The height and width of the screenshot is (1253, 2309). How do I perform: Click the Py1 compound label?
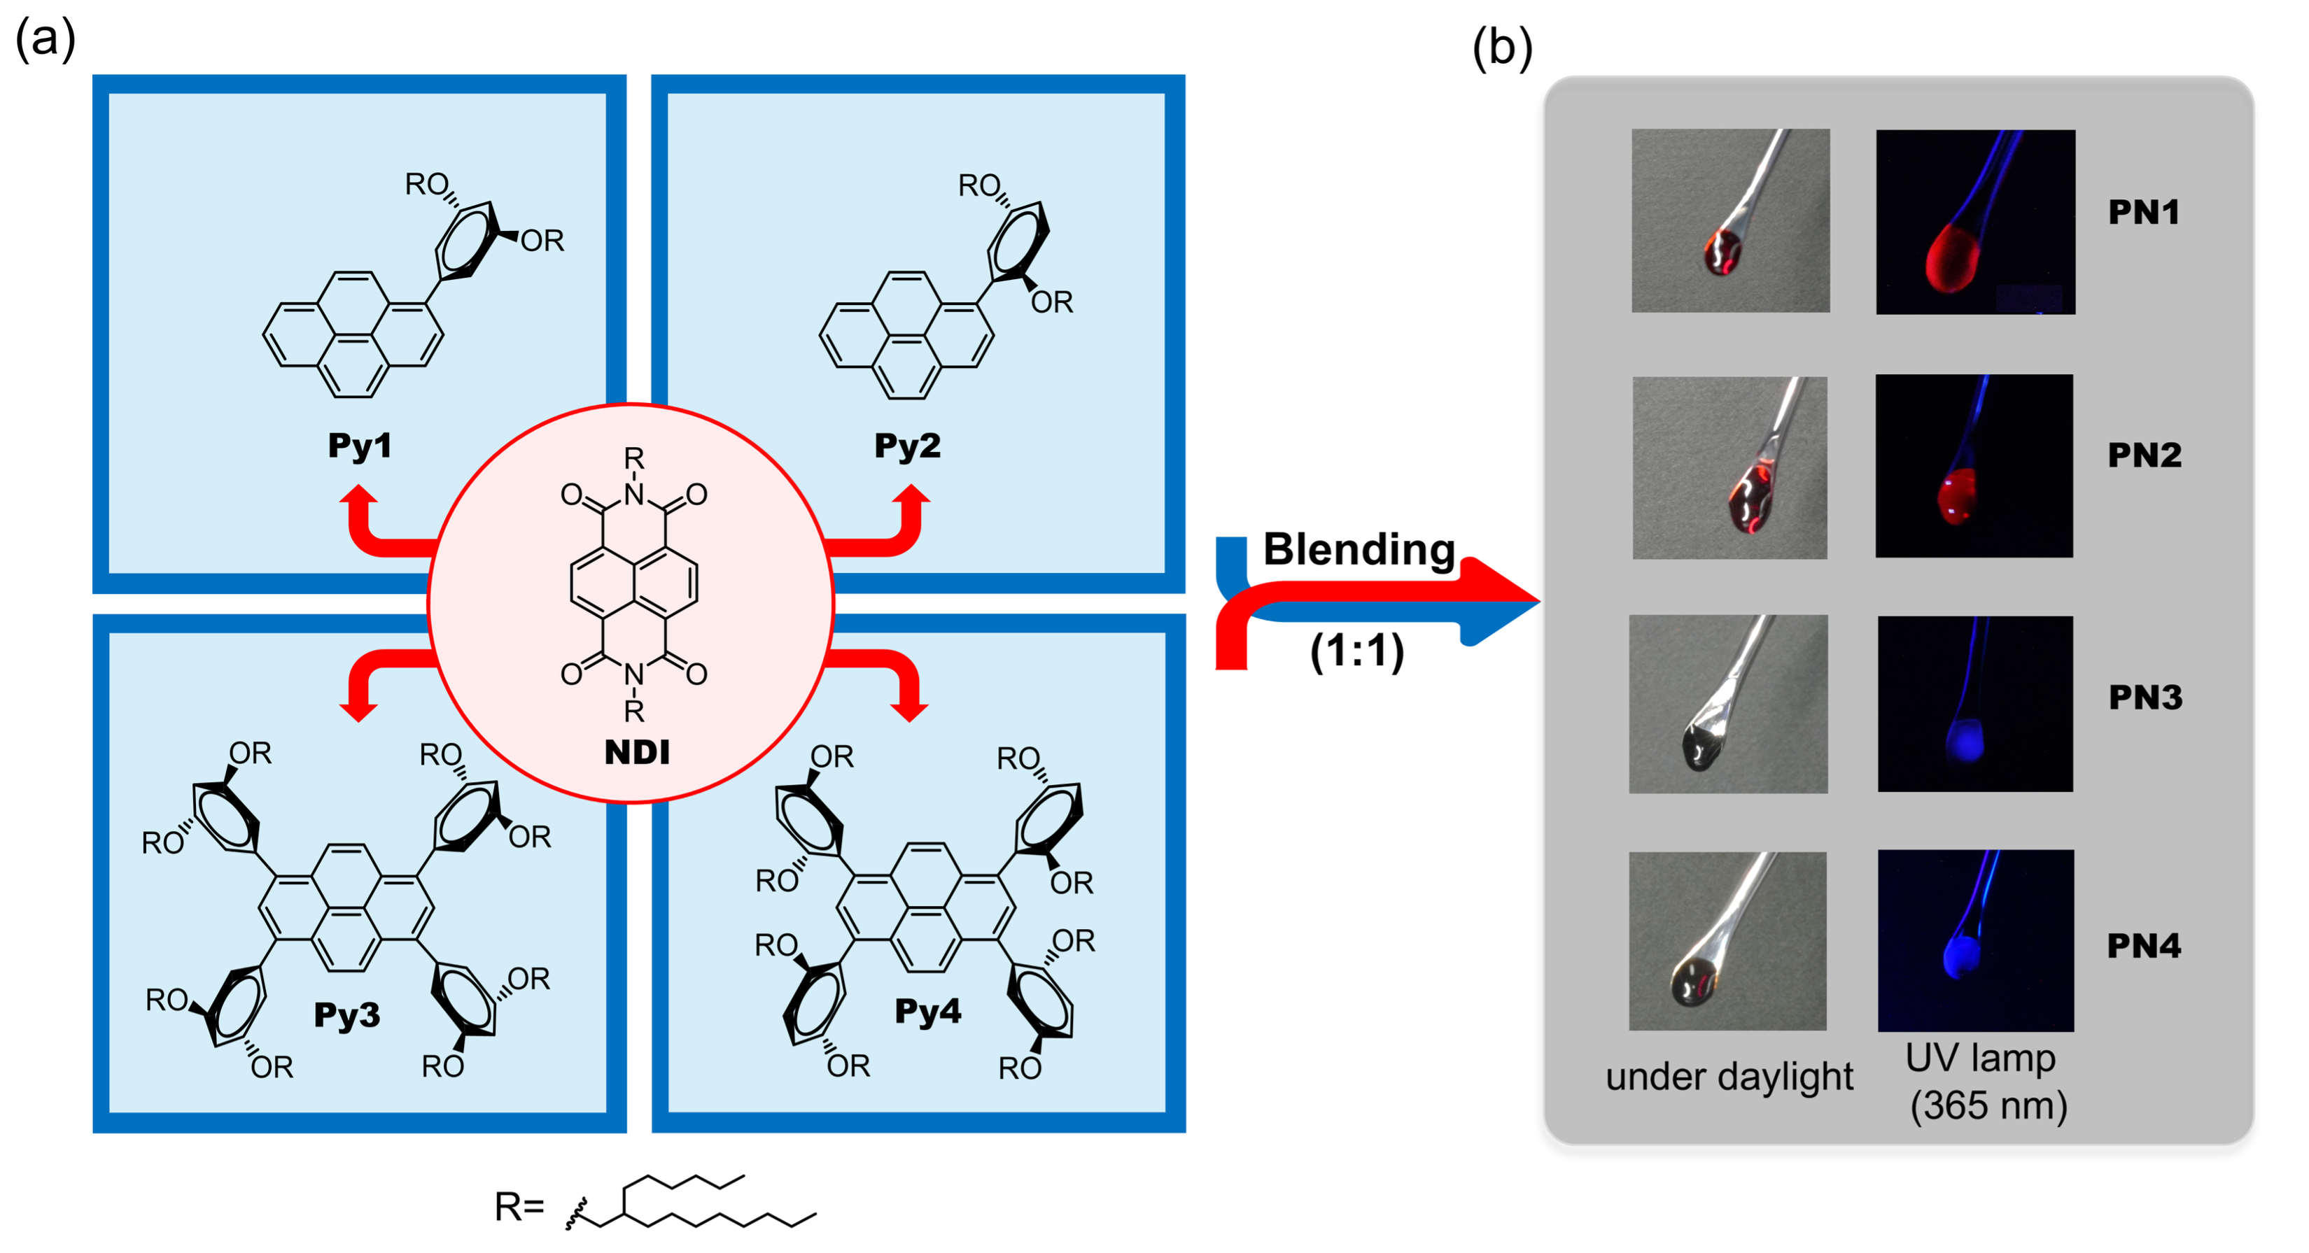[360, 446]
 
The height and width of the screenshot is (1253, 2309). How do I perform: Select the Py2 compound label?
[907, 446]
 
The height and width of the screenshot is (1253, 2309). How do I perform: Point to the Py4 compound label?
[927, 1011]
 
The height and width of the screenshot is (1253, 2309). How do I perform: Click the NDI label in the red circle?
[636, 752]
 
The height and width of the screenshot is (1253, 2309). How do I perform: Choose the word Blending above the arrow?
[1358, 549]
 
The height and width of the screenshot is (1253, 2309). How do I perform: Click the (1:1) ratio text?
[1357, 651]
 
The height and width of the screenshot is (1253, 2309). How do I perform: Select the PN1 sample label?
[2143, 213]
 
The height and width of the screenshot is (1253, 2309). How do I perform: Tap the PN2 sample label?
[2144, 455]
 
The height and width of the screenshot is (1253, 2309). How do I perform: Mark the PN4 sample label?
[2143, 946]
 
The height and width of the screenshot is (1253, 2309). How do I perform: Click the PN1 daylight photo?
[1730, 220]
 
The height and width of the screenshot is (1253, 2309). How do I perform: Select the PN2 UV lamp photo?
[1974, 466]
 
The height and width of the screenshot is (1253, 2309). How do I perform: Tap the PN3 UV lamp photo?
[1974, 704]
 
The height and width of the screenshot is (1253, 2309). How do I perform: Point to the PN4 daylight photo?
[1727, 941]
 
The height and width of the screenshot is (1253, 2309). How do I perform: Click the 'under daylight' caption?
[1729, 1077]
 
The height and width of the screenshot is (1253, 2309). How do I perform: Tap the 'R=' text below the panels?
[519, 1208]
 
